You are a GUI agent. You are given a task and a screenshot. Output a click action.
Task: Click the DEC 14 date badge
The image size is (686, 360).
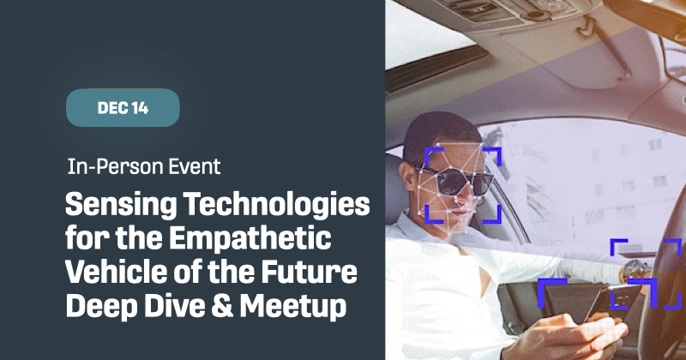(x=123, y=108)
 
